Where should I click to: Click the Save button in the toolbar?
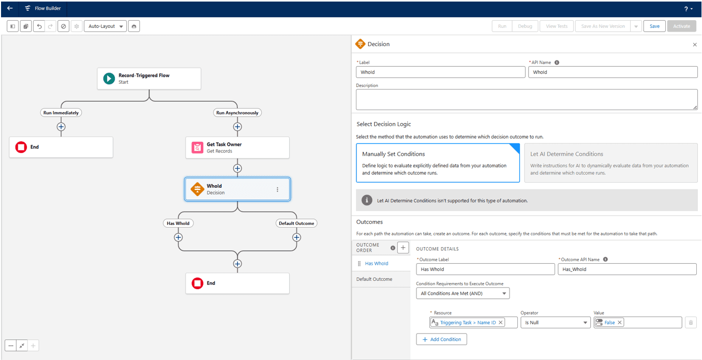(x=654, y=26)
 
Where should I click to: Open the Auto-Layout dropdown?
(x=105, y=26)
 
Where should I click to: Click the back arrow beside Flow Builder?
(x=10, y=8)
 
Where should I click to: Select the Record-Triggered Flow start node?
(x=149, y=79)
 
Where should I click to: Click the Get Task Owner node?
(x=237, y=147)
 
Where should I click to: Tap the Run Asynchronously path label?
(x=237, y=113)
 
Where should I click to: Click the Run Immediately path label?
(x=61, y=113)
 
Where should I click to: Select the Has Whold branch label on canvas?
(x=178, y=223)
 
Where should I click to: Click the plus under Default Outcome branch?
(x=296, y=237)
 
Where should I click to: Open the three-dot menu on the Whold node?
(x=277, y=189)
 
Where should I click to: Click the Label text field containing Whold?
(x=440, y=72)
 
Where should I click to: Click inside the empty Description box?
(x=526, y=99)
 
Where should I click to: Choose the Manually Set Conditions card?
(x=438, y=163)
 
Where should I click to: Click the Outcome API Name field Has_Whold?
(x=626, y=269)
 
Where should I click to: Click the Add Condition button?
(x=441, y=339)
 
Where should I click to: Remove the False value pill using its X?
(x=620, y=323)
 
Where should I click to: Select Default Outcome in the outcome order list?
(x=374, y=279)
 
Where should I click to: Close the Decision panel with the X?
(x=695, y=45)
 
